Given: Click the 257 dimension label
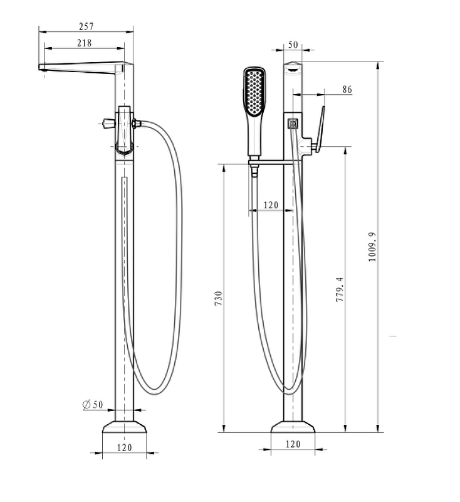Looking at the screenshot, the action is (86, 26).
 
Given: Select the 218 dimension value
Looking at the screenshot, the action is (85, 43).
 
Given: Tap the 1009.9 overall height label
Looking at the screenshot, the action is (372, 247).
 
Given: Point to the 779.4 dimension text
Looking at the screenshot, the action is (340, 289).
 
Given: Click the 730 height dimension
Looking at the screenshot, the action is (218, 299).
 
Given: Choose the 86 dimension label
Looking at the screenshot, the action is (347, 89).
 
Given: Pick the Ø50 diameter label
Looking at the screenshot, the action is (93, 405).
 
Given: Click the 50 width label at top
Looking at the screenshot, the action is (293, 45).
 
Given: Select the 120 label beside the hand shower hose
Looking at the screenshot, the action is (271, 205).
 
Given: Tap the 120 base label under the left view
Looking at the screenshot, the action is (124, 447).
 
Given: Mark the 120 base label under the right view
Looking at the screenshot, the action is (293, 444).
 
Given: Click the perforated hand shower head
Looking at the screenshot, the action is (254, 91).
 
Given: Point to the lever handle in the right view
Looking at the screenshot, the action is (320, 129).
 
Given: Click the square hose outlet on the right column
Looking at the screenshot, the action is (293, 124).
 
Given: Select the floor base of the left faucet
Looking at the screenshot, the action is (124, 427).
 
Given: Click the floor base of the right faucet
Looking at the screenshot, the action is (293, 427).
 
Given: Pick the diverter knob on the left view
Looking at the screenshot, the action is (108, 123).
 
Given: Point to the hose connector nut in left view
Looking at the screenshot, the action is (136, 123).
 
